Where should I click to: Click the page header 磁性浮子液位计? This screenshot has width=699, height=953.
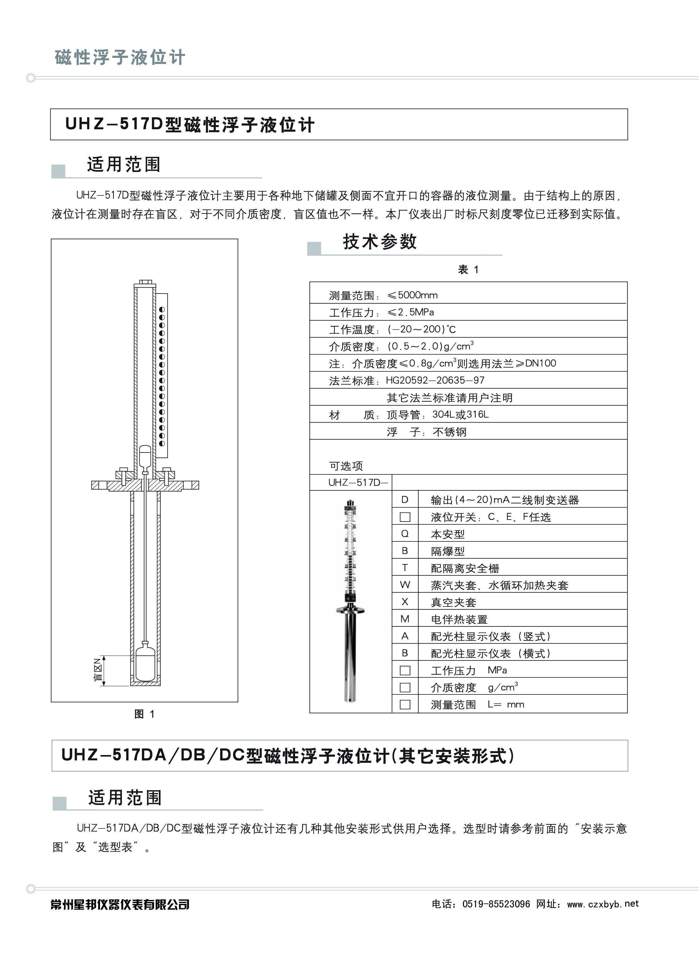coord(120,57)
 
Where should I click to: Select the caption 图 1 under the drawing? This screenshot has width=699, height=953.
coord(144,714)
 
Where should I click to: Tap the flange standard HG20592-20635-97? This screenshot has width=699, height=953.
coord(435,380)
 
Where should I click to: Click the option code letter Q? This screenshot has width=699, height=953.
coord(405,534)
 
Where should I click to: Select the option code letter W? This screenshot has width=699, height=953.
coord(405,585)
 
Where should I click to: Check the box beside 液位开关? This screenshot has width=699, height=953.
coord(405,517)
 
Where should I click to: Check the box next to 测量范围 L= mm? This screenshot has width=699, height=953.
coord(405,704)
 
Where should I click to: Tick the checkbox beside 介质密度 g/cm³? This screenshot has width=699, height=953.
coord(405,687)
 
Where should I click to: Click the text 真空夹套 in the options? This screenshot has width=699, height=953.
coord(453,602)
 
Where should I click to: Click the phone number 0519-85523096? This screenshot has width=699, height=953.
coord(496,904)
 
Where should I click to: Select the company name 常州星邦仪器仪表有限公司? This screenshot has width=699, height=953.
coord(120,904)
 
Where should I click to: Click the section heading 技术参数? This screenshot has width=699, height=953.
coord(380,242)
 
